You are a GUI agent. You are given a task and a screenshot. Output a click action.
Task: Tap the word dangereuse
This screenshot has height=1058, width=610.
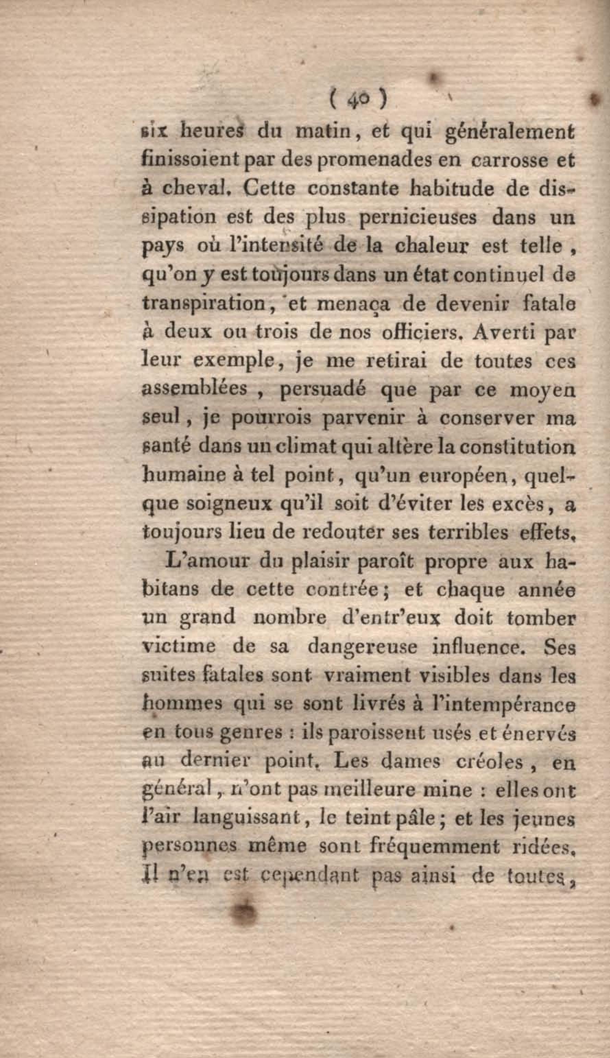(362, 646)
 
